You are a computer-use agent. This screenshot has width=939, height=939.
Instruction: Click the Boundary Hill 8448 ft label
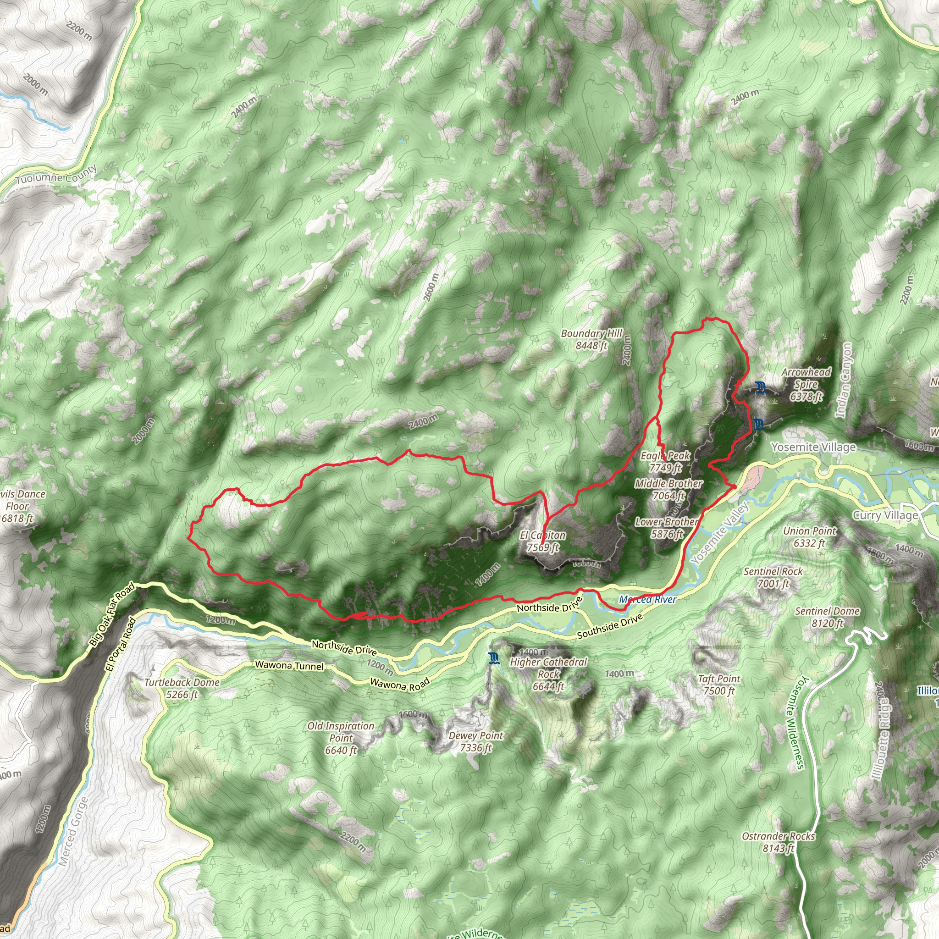click(591, 339)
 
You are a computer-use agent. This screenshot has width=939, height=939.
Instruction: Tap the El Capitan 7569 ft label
click(543, 541)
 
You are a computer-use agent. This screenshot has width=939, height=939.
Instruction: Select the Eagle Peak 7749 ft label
click(665, 461)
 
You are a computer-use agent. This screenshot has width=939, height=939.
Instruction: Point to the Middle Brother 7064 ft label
click(668, 489)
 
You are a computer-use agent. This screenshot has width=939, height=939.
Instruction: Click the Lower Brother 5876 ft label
click(667, 527)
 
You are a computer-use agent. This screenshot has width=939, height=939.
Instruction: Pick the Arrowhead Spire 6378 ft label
click(806, 384)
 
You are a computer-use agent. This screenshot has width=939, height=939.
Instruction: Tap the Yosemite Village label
click(814, 447)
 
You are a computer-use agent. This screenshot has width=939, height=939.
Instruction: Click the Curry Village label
click(885, 515)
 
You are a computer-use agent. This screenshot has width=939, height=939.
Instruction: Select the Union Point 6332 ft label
click(810, 536)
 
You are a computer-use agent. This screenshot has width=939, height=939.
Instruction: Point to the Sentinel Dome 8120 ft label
click(828, 617)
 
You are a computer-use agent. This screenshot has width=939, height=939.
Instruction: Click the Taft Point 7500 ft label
click(719, 685)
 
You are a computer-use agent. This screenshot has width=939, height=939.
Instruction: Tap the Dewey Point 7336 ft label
click(476, 741)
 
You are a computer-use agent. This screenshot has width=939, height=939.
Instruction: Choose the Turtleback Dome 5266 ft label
click(182, 688)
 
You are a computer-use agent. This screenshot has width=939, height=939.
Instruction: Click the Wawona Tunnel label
click(289, 665)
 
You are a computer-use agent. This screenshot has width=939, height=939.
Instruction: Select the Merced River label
click(648, 599)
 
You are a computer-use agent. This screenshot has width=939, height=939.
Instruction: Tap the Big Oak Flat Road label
click(112, 615)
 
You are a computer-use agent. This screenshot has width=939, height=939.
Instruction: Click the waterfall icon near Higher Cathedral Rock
click(494, 658)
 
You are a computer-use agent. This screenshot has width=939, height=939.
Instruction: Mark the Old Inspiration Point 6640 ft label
click(341, 738)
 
